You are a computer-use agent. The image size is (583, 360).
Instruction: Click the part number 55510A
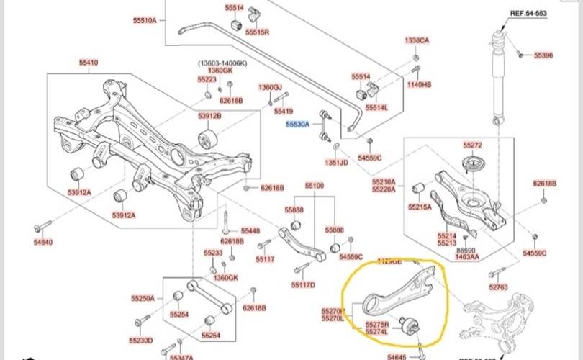click(144, 20)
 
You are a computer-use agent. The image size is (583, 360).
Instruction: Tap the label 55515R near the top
click(257, 32)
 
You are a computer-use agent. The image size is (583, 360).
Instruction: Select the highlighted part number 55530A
click(297, 124)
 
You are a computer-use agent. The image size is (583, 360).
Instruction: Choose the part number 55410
click(89, 63)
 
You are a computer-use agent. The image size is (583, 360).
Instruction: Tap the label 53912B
click(209, 116)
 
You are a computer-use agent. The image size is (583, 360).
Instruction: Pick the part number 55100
click(315, 186)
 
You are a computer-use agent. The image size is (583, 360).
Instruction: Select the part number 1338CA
click(417, 40)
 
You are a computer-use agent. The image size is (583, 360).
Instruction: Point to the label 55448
click(250, 230)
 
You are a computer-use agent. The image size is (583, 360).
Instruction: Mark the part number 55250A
click(143, 297)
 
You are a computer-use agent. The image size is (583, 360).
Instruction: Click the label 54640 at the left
click(43, 242)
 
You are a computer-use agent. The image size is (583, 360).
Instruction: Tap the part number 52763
click(498, 287)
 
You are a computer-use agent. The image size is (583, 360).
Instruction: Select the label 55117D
click(303, 284)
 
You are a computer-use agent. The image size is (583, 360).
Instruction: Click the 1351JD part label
click(336, 162)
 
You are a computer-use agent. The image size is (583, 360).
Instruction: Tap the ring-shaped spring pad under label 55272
click(472, 163)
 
